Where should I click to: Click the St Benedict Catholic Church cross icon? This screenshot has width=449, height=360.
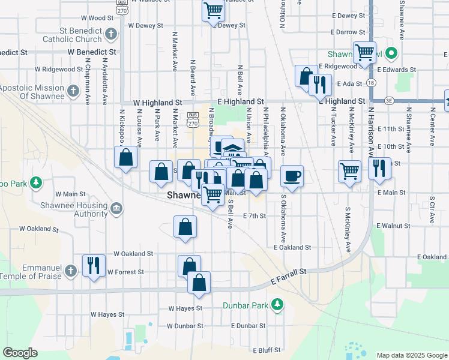tap(110, 35)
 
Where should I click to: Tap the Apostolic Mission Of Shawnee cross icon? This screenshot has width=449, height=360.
tap(73, 92)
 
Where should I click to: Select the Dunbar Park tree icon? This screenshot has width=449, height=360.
tap(277, 305)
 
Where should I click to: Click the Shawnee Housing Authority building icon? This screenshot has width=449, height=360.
tap(116, 209)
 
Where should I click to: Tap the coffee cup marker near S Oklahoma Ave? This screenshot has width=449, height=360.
tap(292, 176)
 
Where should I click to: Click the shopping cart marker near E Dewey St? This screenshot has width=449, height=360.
tap(213, 10)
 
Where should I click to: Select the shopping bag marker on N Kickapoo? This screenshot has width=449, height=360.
tap(126, 158)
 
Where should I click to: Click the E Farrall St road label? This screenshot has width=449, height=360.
tap(288, 277)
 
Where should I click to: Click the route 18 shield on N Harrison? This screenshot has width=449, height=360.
tap(372, 83)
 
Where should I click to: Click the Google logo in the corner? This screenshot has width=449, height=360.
tap(20, 353)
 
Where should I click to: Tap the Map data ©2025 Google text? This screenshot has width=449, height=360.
tap(412, 355)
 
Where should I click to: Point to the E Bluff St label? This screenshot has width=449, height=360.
tap(267, 350)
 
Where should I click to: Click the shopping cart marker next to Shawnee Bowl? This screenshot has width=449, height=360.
tap(364, 52)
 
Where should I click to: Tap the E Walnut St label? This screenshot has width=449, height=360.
tap(393, 226)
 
